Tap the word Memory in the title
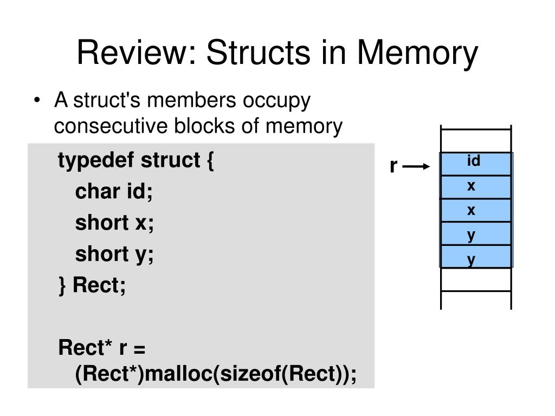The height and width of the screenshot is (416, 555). [x=418, y=54]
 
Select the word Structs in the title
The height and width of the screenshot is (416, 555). [x=259, y=53]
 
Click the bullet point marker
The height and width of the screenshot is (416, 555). [x=37, y=100]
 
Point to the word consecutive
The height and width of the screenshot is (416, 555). [x=111, y=126]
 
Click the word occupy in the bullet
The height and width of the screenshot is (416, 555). [x=276, y=101]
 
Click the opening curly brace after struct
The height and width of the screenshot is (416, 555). [x=210, y=161]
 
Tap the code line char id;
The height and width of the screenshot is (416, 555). [x=114, y=191]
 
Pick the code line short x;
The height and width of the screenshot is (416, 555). [x=114, y=223]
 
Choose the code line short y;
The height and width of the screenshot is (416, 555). [x=114, y=255]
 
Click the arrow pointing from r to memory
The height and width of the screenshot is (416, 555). [x=416, y=166]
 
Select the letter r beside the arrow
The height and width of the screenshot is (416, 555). [x=393, y=166]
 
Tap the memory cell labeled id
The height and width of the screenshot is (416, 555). [x=476, y=164]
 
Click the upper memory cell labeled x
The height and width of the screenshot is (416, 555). [x=476, y=187]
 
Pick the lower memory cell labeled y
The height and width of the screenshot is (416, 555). [x=476, y=256]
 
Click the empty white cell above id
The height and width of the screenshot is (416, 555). [x=476, y=141]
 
